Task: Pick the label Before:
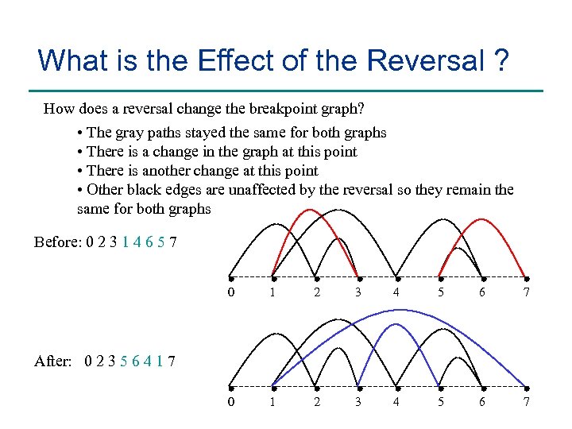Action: pos(56,242)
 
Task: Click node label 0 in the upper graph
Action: pos(230,294)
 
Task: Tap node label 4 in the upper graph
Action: pos(396,294)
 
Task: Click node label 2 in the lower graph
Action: pos(316,402)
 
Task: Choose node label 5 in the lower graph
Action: pos(440,402)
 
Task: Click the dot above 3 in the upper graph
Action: pos(358,277)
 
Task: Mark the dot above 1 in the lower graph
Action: pos(273,386)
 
